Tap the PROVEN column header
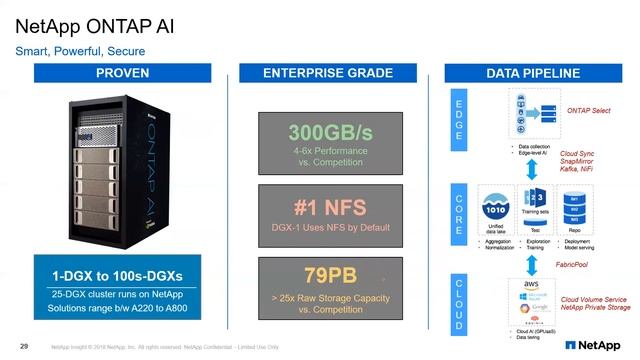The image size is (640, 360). pos(123,74)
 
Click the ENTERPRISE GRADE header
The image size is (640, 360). pos(321,74)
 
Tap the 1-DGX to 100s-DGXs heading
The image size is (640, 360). pos(123,274)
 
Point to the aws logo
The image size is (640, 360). pos(533,284)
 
